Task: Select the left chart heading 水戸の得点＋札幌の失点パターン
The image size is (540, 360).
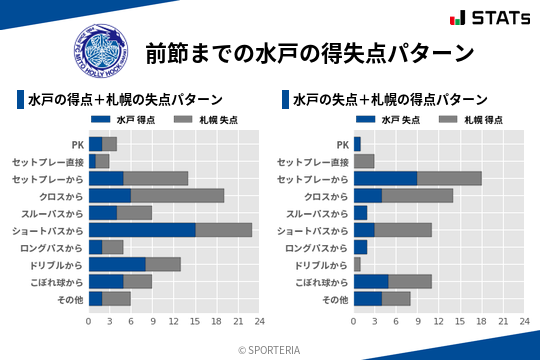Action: [125, 100]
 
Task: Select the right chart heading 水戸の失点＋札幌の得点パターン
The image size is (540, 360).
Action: [391, 100]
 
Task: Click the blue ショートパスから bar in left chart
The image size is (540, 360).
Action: [142, 229]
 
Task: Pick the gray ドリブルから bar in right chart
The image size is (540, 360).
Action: [357, 264]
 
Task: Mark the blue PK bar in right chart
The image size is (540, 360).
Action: [357, 144]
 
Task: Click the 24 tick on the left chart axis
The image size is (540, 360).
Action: [259, 322]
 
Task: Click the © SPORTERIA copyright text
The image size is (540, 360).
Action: [270, 349]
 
